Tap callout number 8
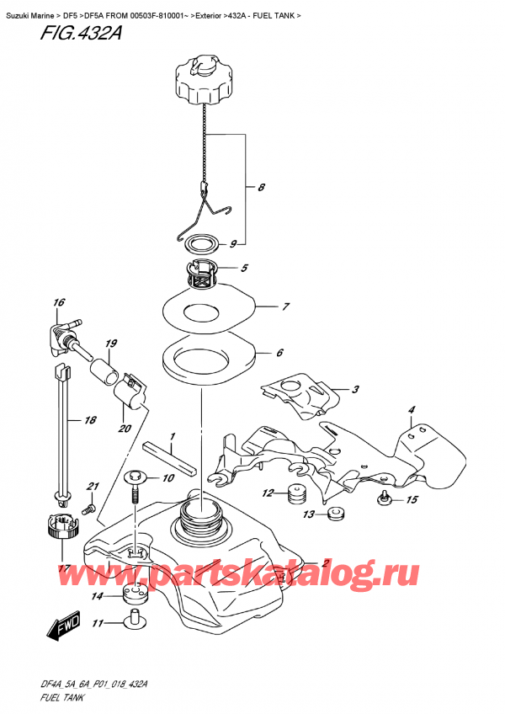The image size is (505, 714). pyautogui.click(x=261, y=188)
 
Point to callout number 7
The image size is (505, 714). pyautogui.click(x=286, y=306)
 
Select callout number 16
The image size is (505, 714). pyautogui.click(x=58, y=302)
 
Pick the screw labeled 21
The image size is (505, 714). pyautogui.click(x=85, y=510)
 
